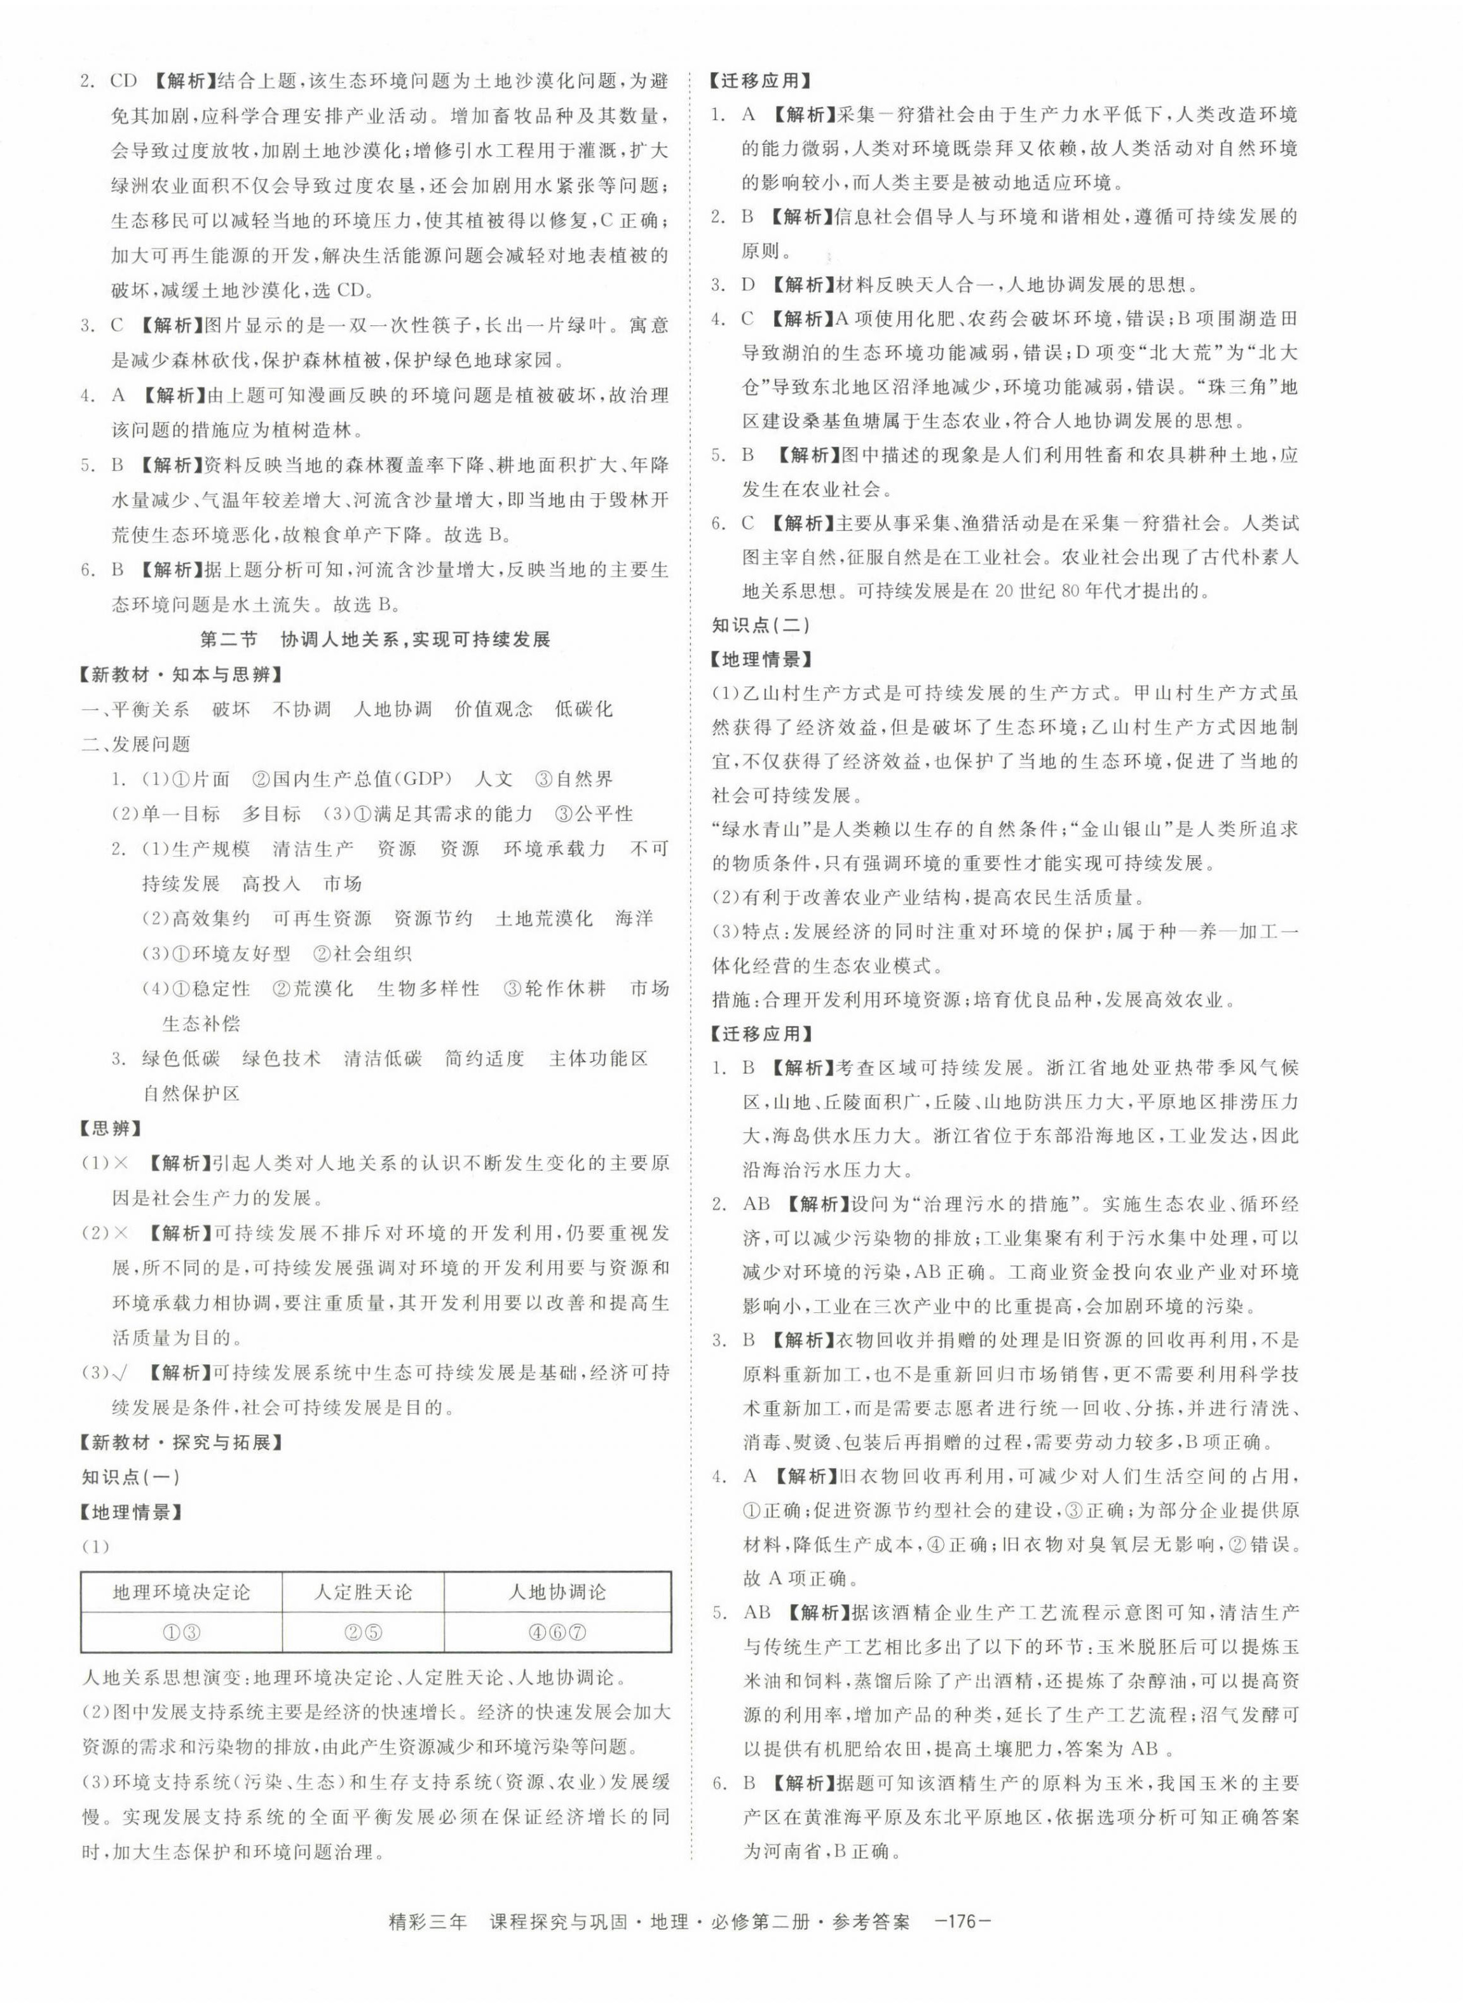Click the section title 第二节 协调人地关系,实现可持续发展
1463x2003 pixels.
(374, 639)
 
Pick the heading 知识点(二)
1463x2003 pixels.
(761, 625)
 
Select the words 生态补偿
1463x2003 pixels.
(201, 1024)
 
